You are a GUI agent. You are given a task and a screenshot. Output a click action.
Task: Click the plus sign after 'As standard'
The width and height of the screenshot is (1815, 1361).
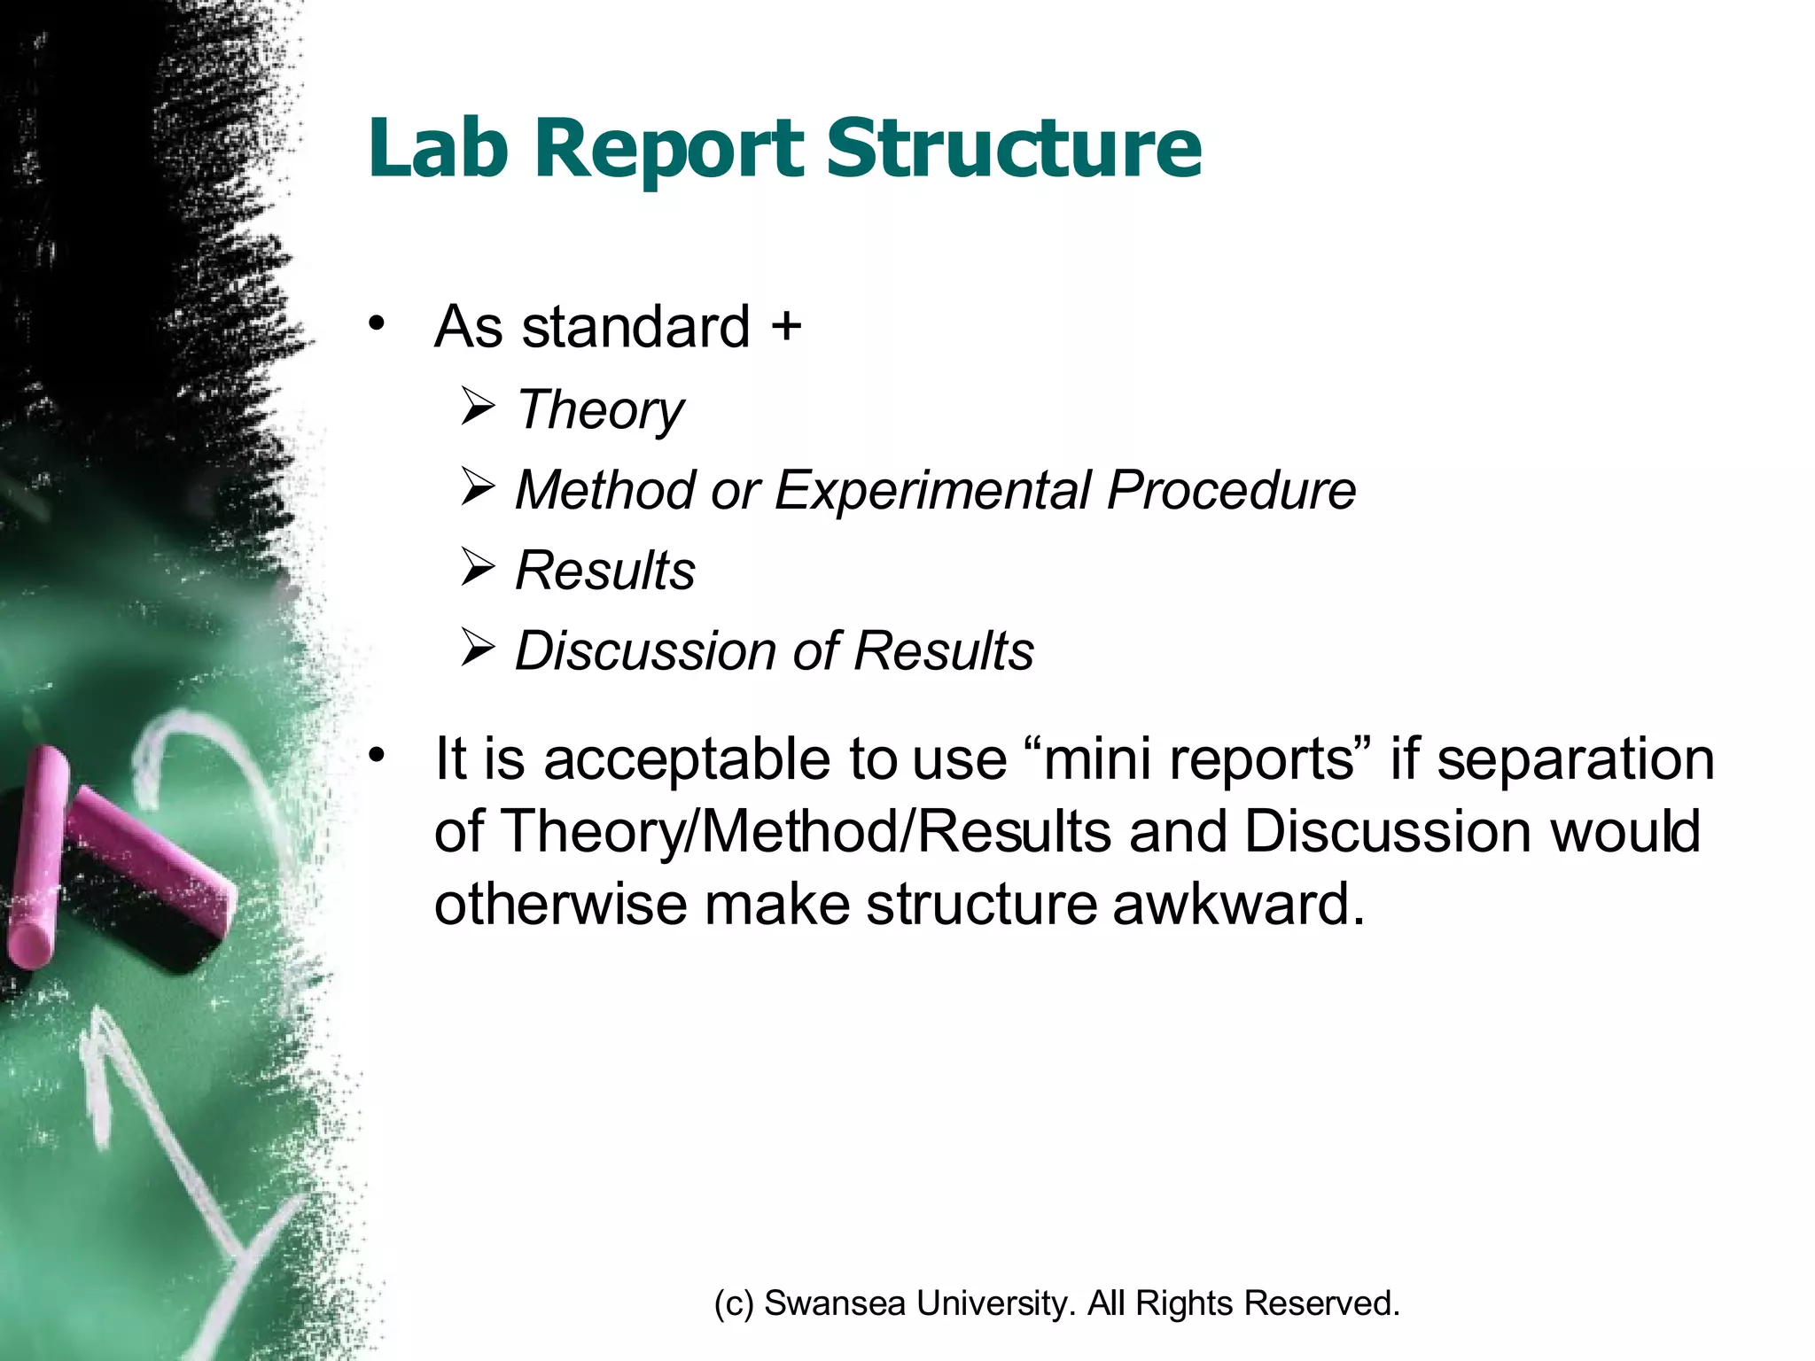[785, 326]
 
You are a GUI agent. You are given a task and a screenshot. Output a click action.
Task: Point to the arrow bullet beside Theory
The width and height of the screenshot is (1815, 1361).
[478, 408]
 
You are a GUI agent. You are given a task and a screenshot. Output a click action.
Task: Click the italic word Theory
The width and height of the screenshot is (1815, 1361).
[600, 411]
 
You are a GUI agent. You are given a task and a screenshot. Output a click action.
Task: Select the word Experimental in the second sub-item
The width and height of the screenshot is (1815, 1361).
[932, 490]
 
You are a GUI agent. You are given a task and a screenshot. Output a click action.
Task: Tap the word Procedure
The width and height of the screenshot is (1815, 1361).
[1231, 490]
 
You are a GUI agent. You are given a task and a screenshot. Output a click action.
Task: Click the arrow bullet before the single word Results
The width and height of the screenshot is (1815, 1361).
[478, 568]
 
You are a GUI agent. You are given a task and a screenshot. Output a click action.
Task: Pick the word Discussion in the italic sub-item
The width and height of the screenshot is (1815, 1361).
[645, 650]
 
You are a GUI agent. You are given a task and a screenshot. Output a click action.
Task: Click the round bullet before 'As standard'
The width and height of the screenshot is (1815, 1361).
[378, 323]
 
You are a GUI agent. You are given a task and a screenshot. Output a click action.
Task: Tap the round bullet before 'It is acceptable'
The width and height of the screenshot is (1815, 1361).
[378, 755]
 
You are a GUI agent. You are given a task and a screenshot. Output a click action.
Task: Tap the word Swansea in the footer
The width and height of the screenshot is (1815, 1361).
[834, 1303]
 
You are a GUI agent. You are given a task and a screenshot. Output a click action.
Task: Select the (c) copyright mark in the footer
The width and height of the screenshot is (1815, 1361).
[734, 1303]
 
